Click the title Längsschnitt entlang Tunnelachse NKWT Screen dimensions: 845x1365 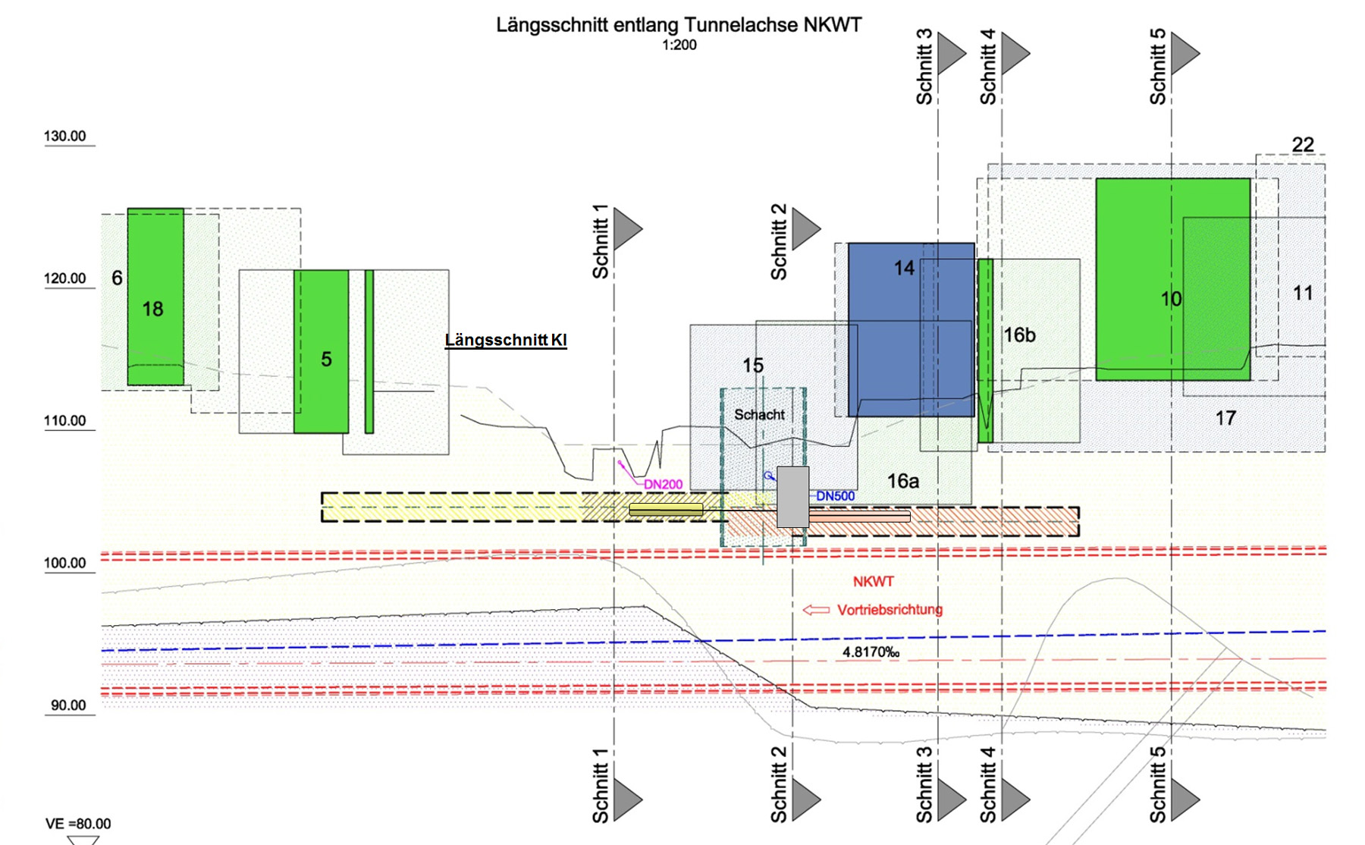(x=679, y=25)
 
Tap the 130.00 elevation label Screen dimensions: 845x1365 (x=65, y=137)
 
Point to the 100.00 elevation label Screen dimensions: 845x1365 (x=65, y=563)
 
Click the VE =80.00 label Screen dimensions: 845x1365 (x=78, y=824)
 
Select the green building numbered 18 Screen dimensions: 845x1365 (x=155, y=297)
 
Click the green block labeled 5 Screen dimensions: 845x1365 (x=321, y=351)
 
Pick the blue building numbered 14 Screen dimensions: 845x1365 (x=910, y=329)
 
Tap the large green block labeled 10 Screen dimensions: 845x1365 (x=1172, y=279)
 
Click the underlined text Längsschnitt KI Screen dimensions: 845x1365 (x=506, y=341)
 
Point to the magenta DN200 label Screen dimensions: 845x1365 (x=664, y=485)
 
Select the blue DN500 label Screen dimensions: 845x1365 (x=836, y=496)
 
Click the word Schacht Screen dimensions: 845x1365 (x=759, y=415)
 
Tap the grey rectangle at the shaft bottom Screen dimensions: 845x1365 (x=792, y=497)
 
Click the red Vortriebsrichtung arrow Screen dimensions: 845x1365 (x=816, y=610)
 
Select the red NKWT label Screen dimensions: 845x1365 (x=874, y=582)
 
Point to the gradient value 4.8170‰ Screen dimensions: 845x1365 (x=871, y=652)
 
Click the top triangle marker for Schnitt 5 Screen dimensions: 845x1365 (x=1184, y=53)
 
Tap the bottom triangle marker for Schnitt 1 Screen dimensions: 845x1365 (x=626, y=799)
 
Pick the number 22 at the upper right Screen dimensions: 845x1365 (x=1303, y=144)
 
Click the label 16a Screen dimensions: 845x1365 (x=903, y=481)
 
